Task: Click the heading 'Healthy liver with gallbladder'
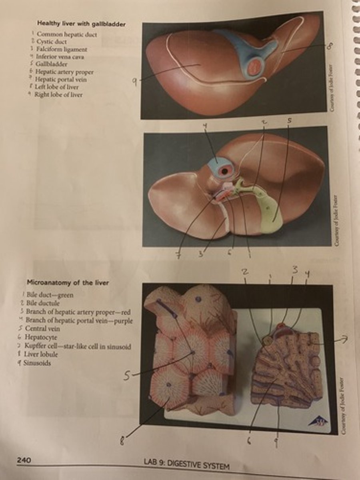pyautogui.click(x=81, y=24)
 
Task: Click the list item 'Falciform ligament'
pyautogui.click(x=62, y=49)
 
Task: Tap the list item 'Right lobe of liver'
pyautogui.click(x=58, y=95)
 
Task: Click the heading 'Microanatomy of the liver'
pyautogui.click(x=68, y=283)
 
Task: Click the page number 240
pyautogui.click(x=24, y=460)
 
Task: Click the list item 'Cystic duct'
pyautogui.click(x=52, y=42)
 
